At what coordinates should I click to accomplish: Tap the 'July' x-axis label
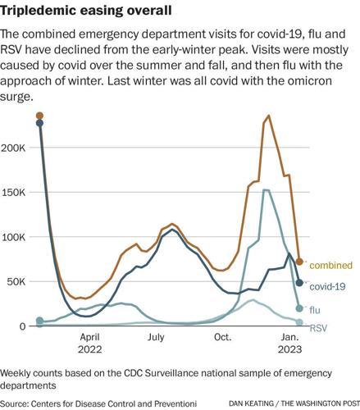(157, 337)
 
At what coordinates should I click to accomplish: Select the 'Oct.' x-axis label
(222, 337)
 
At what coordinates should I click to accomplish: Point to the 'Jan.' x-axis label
(290, 337)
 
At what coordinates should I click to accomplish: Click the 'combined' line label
(331, 265)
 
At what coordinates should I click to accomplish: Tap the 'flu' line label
(316, 309)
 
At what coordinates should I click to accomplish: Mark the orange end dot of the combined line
(300, 262)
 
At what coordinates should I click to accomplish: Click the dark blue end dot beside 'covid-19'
(300, 283)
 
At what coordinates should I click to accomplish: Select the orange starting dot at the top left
(40, 116)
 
